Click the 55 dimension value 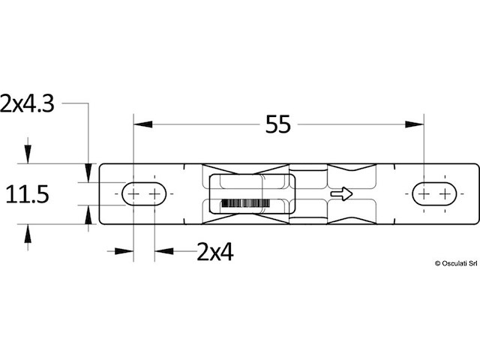point(277,124)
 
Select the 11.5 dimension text point(27,194)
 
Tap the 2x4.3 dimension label point(27,103)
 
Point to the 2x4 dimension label point(215,252)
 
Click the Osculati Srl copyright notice point(456,263)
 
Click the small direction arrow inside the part point(342,193)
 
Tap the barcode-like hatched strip point(245,203)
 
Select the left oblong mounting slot point(144,193)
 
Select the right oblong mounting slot point(434,193)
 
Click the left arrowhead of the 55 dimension point(143,124)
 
